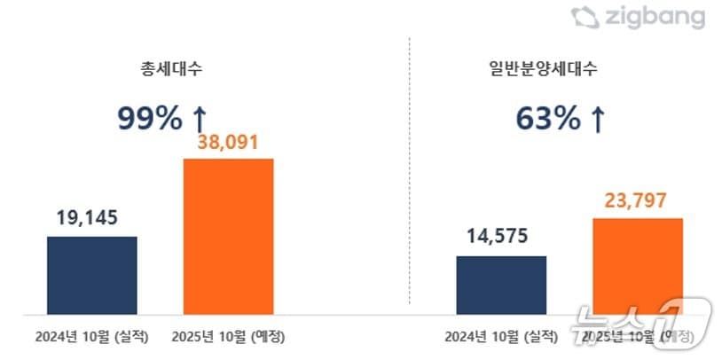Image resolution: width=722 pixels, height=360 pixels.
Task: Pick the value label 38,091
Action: [x=228, y=142]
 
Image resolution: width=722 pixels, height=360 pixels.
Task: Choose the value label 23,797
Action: [x=638, y=200]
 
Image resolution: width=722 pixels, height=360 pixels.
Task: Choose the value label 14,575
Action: [x=502, y=237]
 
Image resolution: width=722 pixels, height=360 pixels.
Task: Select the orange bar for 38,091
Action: [x=228, y=236]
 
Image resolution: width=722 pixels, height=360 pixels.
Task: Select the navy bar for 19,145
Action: [x=92, y=275]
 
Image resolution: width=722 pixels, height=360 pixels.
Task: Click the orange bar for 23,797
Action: [x=638, y=265]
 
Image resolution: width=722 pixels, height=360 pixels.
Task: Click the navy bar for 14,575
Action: [x=502, y=285]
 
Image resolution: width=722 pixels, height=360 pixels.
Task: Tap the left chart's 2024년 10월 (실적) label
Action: [x=92, y=337]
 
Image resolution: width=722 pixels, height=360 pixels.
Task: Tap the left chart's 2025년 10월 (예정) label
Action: [x=228, y=337]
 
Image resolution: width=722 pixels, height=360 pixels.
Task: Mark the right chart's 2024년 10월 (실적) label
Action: [x=502, y=337]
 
